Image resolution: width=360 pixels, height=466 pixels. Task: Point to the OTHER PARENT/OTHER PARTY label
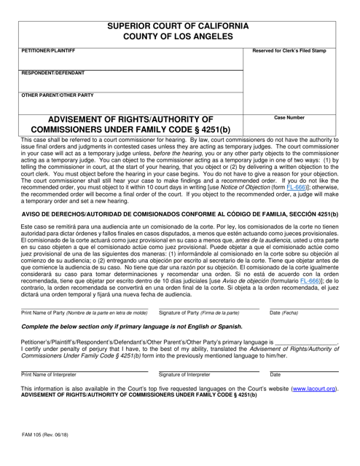coord(58,95)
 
